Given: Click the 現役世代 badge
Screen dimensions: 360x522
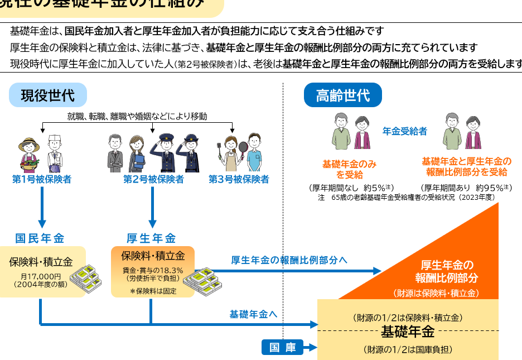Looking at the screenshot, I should [47, 95].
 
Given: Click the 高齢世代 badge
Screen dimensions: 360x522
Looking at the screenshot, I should [342, 95].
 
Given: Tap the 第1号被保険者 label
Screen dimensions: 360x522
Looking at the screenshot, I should [42, 180].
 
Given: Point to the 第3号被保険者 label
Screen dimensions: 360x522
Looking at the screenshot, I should [239, 180].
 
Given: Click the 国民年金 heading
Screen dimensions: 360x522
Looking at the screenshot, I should [40, 238].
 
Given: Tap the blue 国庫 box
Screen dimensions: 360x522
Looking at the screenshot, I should [282, 348].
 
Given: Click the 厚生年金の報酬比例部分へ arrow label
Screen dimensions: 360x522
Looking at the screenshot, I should [289, 260].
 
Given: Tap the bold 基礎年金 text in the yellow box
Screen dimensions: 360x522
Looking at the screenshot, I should [407, 333].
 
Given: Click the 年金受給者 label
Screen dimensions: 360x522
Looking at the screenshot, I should [404, 131].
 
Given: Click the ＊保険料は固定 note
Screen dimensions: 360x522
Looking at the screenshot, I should [153, 291].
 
